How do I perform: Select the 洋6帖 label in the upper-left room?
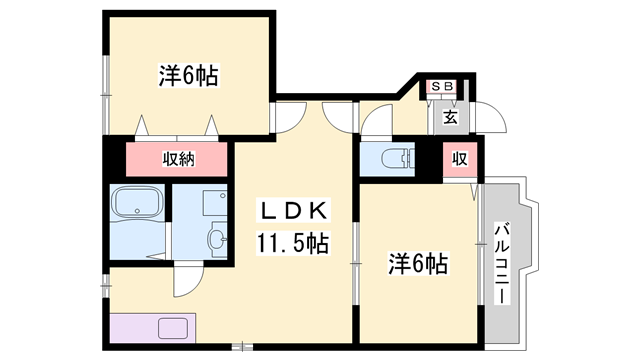coord(188,75)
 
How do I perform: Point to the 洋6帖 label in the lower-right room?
coord(417,265)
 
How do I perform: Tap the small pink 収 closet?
coord(461,160)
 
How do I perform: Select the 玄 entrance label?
coord(450,117)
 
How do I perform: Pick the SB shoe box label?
coord(443,87)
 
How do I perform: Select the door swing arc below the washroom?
coord(188,281)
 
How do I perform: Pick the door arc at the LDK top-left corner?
coord(291,119)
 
